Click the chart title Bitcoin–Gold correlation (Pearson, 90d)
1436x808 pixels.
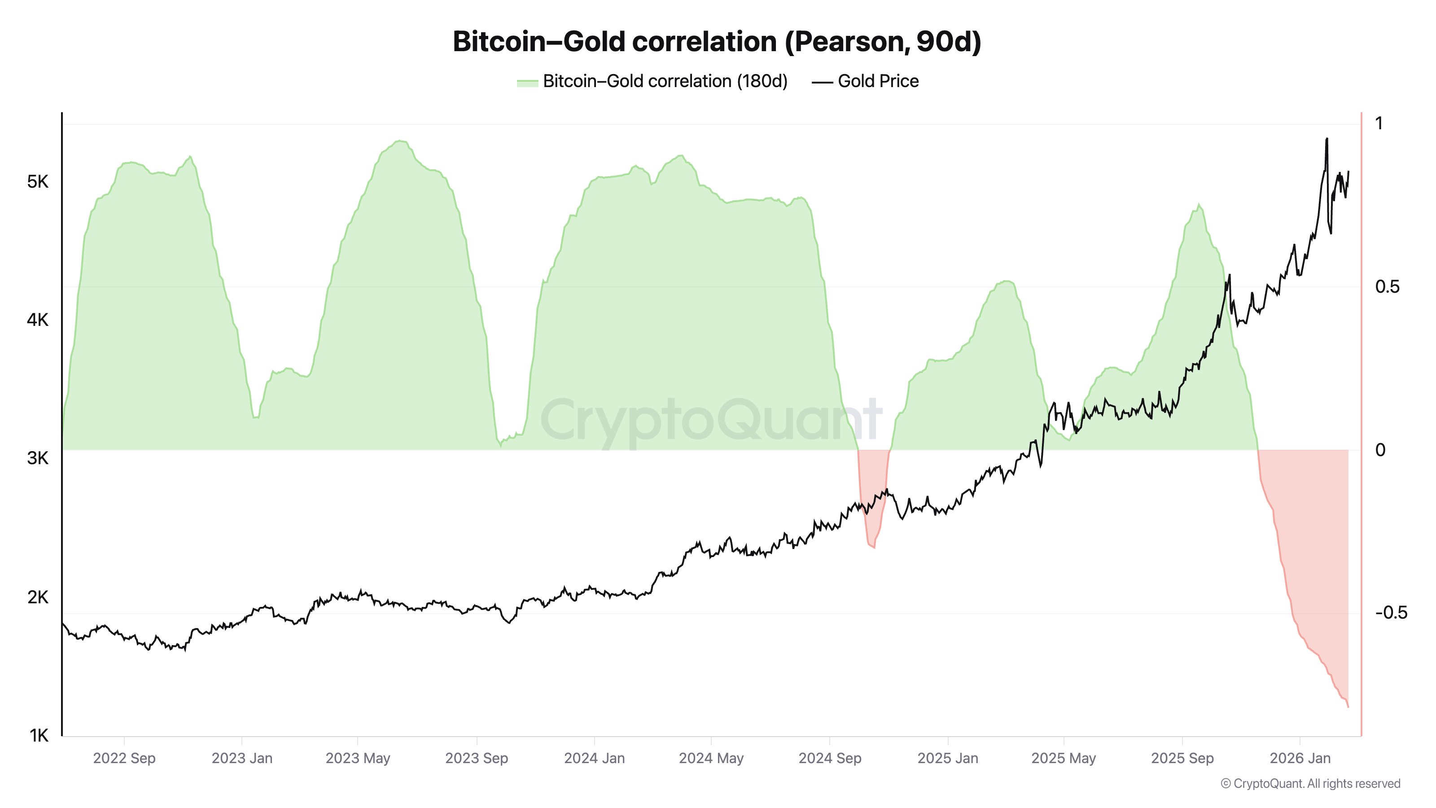(717, 42)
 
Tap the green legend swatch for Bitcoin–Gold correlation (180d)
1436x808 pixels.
(527, 83)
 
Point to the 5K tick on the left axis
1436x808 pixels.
(38, 182)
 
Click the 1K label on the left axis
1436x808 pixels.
(39, 736)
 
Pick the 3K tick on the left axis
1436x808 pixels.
(38, 458)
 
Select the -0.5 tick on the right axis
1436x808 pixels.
(1391, 613)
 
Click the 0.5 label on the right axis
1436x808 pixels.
(1387, 287)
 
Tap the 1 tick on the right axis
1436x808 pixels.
(1379, 124)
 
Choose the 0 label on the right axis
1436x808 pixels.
(1380, 450)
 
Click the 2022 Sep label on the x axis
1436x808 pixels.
(124, 758)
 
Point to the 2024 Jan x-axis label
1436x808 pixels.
(594, 758)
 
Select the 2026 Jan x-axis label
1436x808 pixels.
(1300, 758)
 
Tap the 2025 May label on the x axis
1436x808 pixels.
(1064, 758)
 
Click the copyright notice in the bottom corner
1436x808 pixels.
(1310, 783)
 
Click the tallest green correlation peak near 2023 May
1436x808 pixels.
(400, 141)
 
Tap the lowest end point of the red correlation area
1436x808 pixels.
(1348, 707)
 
